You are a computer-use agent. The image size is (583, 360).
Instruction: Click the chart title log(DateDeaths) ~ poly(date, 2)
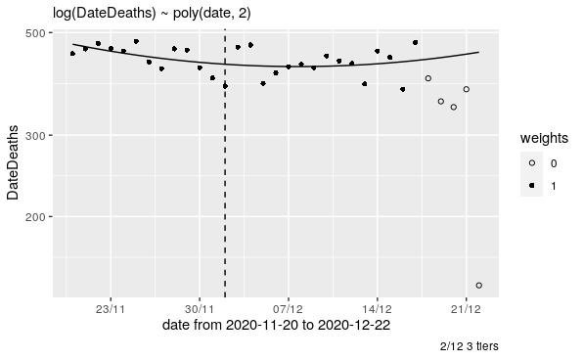click(x=137, y=11)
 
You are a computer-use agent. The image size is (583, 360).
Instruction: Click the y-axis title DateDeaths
click(x=13, y=161)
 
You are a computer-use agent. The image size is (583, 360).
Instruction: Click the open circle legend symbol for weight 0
click(x=531, y=162)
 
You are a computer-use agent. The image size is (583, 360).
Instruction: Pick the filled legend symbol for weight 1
click(x=531, y=185)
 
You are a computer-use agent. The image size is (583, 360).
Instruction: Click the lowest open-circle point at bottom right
click(x=478, y=285)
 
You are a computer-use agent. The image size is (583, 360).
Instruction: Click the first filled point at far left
click(x=72, y=54)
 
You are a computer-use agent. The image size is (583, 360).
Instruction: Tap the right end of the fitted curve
click(x=478, y=52)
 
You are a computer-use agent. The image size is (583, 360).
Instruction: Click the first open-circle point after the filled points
click(x=427, y=78)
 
